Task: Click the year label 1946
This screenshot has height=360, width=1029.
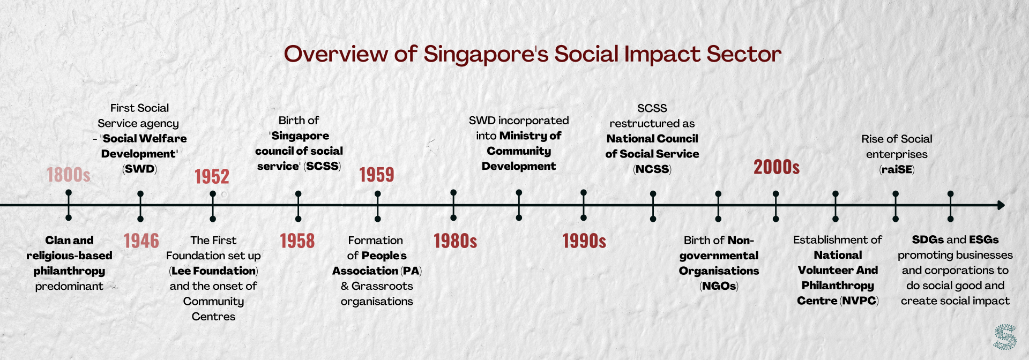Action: tap(141, 241)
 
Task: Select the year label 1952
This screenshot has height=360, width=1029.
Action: tap(212, 177)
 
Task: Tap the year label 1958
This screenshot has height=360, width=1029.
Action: tap(297, 241)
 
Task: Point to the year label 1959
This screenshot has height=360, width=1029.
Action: tap(377, 175)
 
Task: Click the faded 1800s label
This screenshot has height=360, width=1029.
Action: tap(69, 175)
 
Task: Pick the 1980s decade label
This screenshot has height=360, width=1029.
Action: tap(456, 241)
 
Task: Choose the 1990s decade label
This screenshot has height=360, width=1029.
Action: tap(584, 241)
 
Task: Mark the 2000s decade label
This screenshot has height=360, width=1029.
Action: tap(777, 167)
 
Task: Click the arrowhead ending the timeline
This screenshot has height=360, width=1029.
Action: tap(1001, 205)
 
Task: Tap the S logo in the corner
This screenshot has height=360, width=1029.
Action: tap(1005, 337)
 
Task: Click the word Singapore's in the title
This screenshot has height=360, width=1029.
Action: tap(486, 55)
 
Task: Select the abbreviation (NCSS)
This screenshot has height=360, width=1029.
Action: tap(652, 169)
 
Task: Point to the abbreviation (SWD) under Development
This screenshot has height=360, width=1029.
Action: tap(139, 169)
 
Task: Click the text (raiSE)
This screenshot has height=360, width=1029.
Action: tap(897, 170)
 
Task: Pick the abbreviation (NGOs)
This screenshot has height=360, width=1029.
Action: tap(719, 286)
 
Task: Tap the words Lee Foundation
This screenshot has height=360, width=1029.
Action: tap(214, 271)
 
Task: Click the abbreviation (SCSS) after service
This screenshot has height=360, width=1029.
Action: tap(322, 166)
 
